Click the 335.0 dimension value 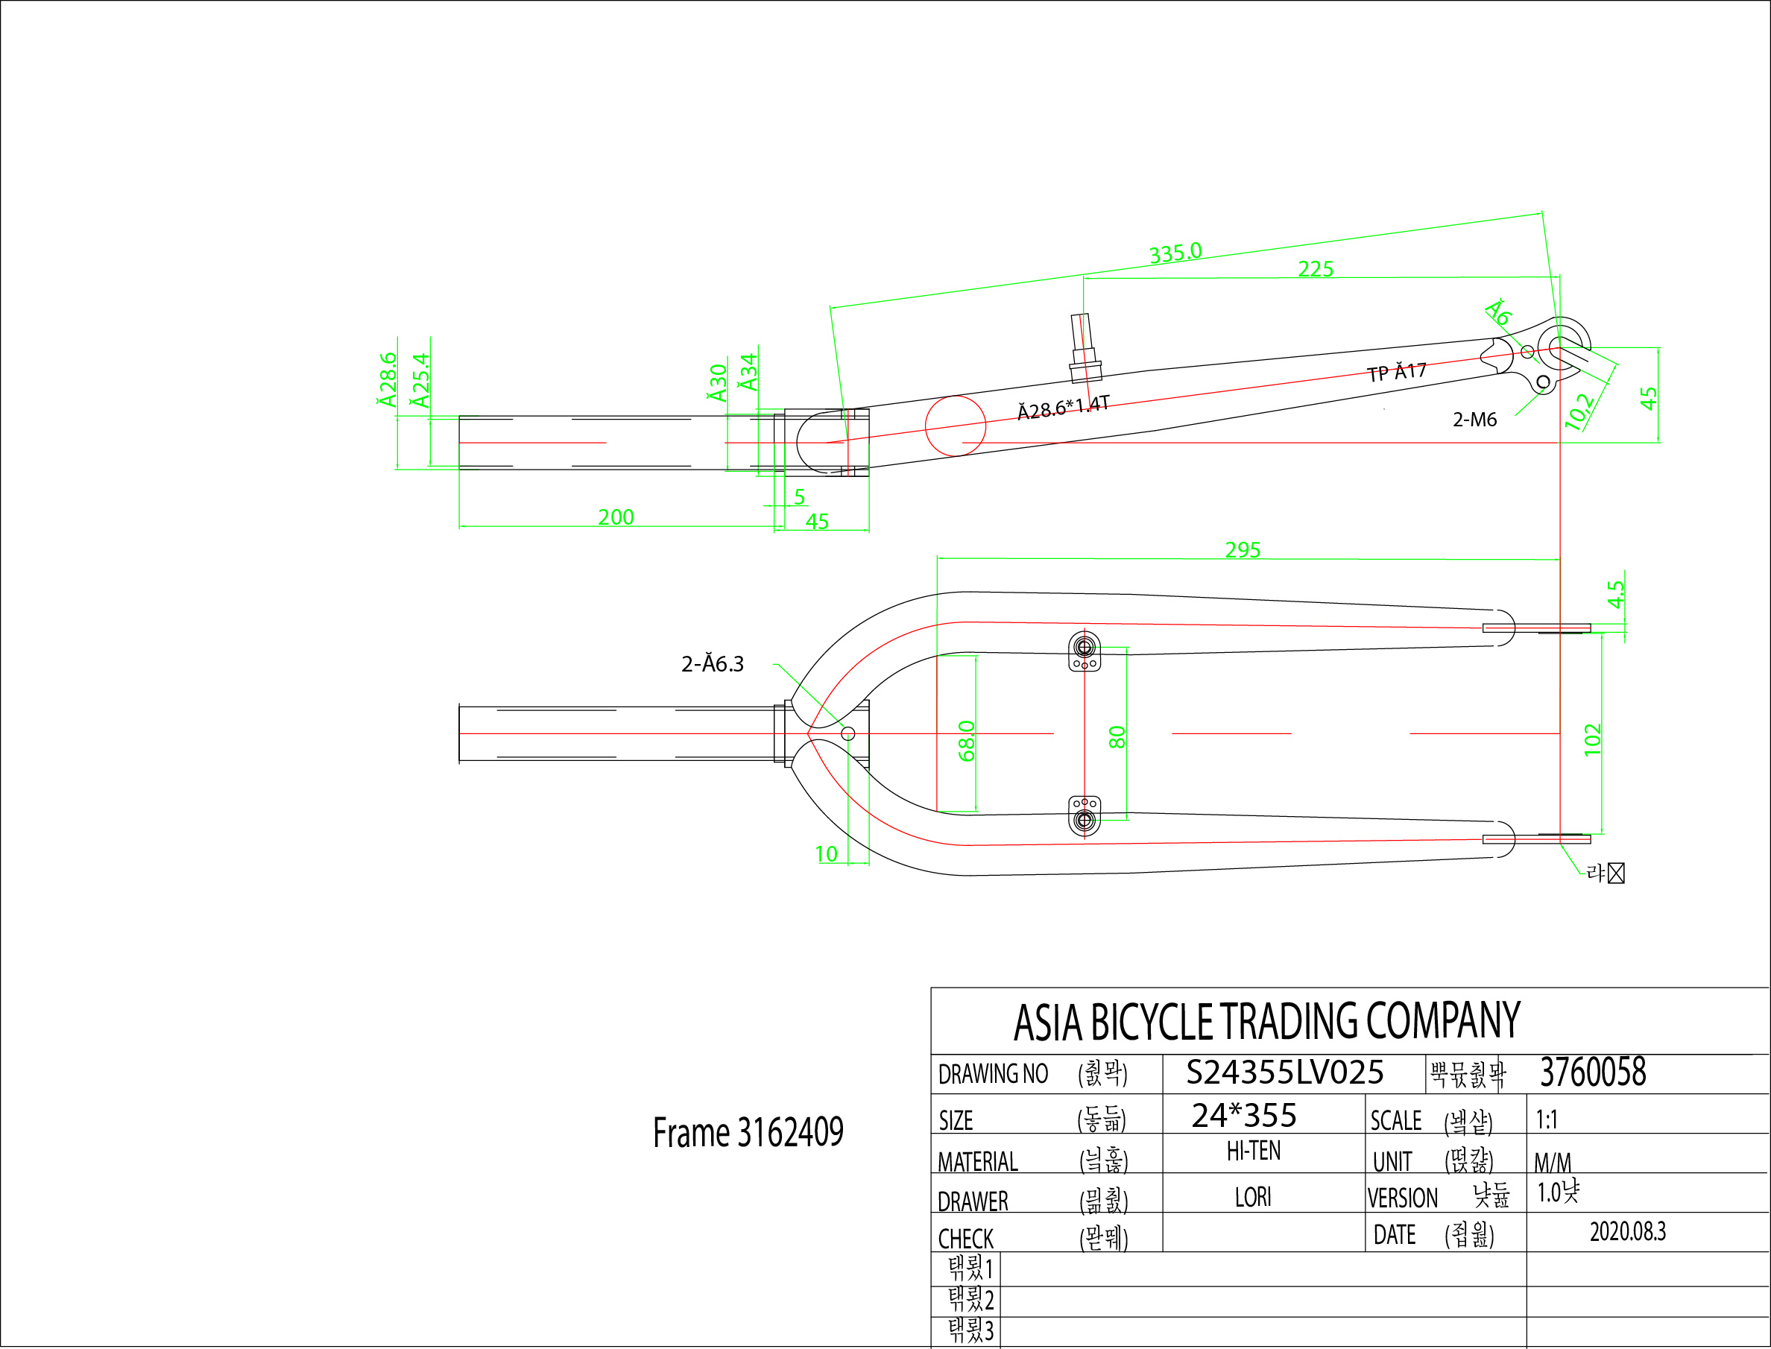pos(1175,252)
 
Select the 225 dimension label pos(1316,269)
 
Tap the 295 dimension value pos(1243,550)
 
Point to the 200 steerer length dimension pos(616,517)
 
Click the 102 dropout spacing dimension pos(1593,739)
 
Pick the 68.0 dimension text pos(967,740)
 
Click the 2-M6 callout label pos(1475,419)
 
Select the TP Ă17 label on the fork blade pos(1397,372)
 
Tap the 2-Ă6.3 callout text pos(712,664)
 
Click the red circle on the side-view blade pos(956,426)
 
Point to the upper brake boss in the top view pos(1085,651)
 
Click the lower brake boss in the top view pos(1085,816)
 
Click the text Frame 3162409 pos(748,1133)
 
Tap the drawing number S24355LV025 pos(1284,1072)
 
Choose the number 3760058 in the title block pos(1593,1072)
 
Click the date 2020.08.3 pos(1627,1232)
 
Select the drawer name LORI pos(1253,1197)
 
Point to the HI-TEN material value pos(1253,1151)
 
